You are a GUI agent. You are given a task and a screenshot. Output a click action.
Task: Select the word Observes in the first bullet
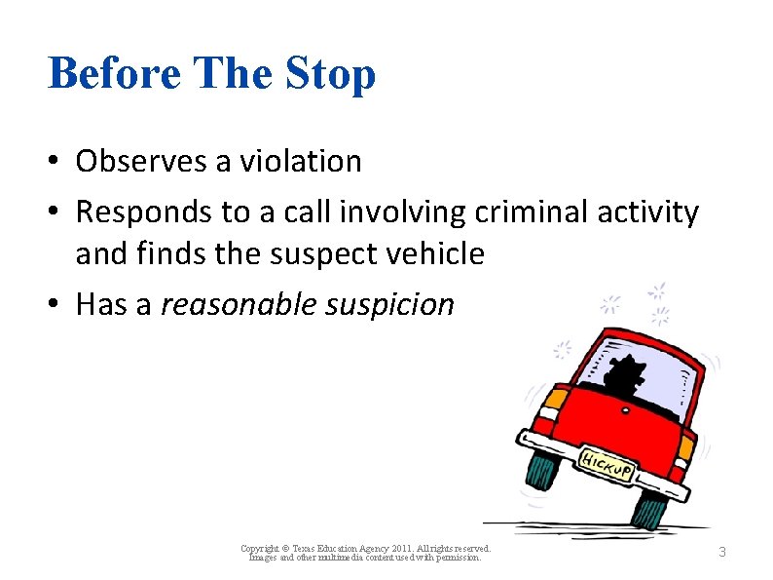[x=131, y=161]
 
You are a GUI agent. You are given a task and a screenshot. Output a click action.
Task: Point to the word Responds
[x=133, y=212]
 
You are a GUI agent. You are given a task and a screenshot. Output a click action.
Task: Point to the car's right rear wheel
[x=649, y=508]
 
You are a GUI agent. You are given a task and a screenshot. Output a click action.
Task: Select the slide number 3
[x=722, y=553]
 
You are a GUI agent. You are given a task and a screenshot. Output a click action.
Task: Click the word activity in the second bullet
[x=650, y=212]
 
